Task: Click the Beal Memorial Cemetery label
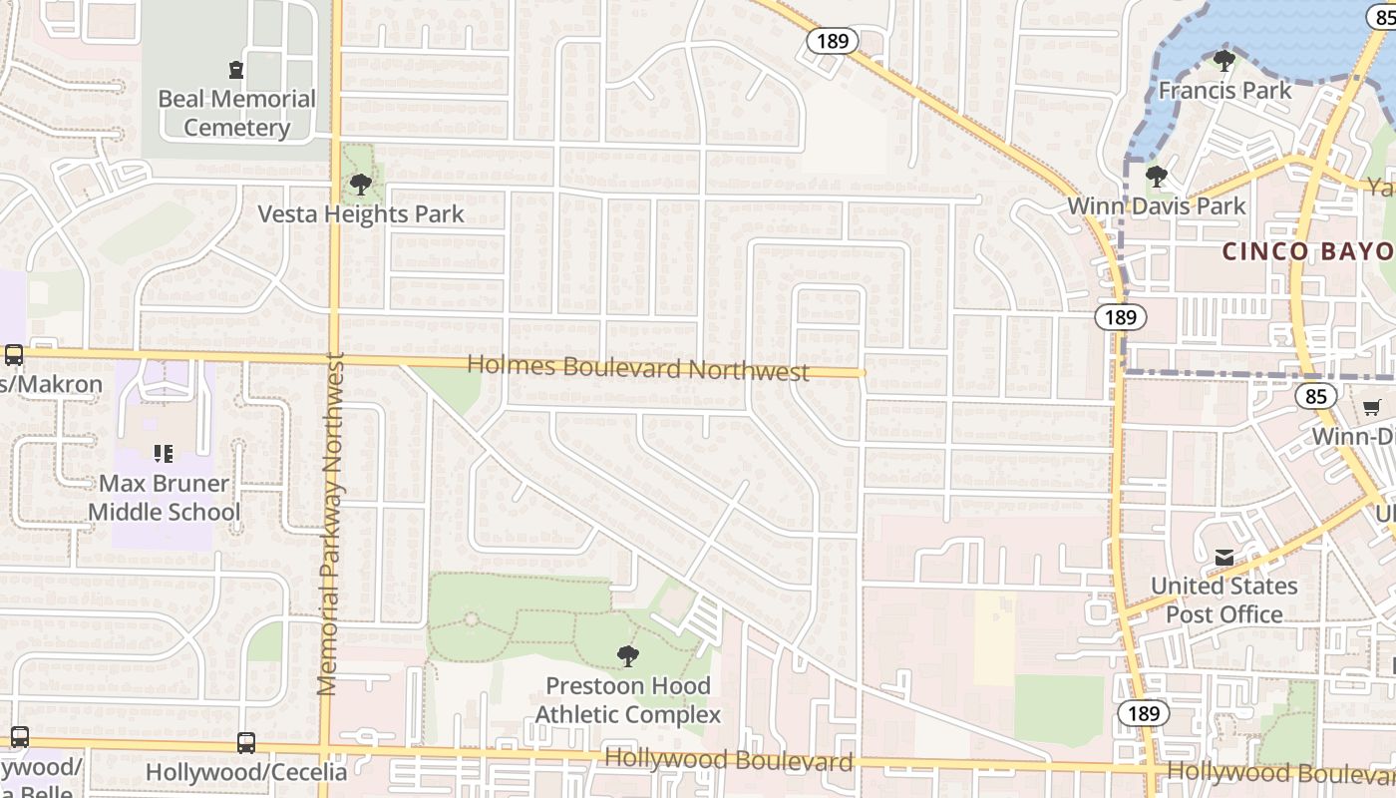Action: (236, 113)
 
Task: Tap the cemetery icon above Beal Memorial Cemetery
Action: (235, 70)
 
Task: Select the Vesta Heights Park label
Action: (361, 214)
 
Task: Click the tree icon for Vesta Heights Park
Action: (361, 184)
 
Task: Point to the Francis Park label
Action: (1224, 91)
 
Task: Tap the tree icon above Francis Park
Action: (1224, 61)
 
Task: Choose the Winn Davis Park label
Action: (1157, 206)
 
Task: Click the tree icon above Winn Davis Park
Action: (1157, 178)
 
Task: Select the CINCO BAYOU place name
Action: (1307, 250)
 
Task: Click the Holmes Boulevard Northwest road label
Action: (638, 368)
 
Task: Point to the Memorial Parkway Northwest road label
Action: (329, 524)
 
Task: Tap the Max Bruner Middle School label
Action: (165, 498)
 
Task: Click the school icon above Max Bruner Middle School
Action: (165, 454)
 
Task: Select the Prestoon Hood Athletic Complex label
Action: (627, 700)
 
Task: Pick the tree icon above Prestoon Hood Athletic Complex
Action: (627, 655)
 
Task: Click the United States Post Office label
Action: (1224, 599)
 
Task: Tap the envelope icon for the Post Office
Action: (1224, 558)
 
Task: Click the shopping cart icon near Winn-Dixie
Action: (1372, 407)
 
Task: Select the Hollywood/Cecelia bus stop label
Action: (246, 772)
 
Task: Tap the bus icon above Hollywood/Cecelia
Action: (246, 742)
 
